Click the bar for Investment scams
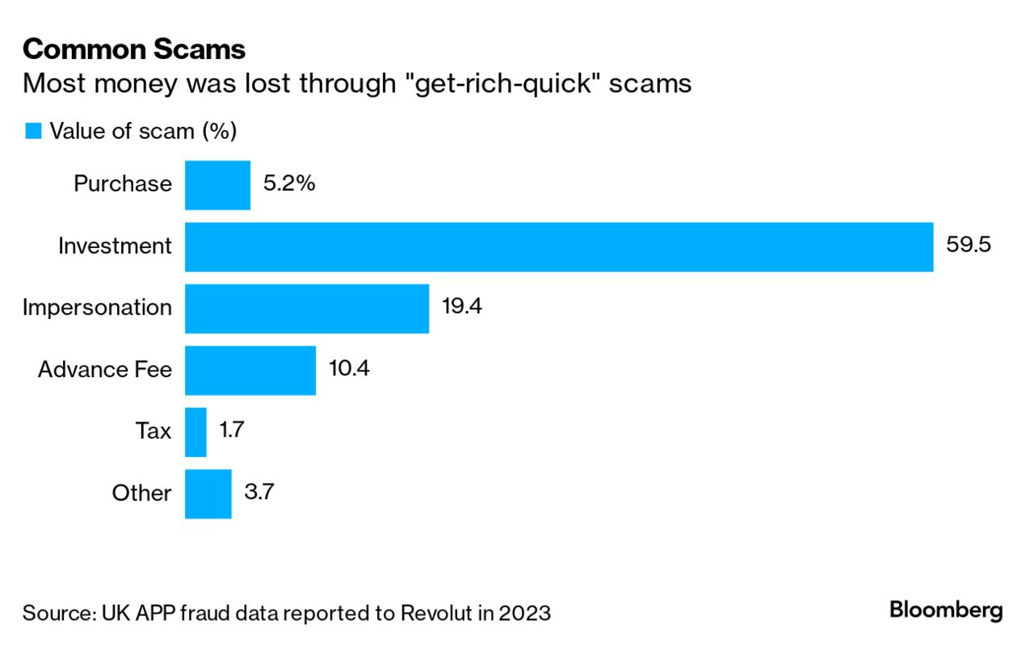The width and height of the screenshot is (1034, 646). click(x=559, y=246)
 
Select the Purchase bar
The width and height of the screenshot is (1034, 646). click(x=217, y=185)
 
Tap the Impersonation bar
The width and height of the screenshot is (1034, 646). click(x=307, y=308)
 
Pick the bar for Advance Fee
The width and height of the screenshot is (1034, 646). click(x=250, y=371)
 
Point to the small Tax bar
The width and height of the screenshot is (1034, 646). click(x=195, y=432)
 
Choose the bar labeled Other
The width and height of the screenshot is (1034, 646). click(x=208, y=493)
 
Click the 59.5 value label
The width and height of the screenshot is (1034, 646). click(x=969, y=245)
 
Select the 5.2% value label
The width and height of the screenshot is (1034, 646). click(x=288, y=183)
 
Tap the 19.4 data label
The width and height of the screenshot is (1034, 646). click(x=462, y=308)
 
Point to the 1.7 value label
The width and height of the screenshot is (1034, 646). click(x=231, y=430)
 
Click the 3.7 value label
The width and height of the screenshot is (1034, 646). click(x=258, y=492)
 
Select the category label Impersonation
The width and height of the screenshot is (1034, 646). click(x=97, y=308)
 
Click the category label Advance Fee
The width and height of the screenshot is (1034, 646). click(x=105, y=370)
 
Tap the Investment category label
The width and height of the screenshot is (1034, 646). click(x=115, y=246)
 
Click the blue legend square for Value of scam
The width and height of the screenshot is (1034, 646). click(x=33, y=132)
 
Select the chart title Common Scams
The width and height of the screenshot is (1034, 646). click(x=134, y=49)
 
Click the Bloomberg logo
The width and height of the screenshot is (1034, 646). click(x=946, y=610)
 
